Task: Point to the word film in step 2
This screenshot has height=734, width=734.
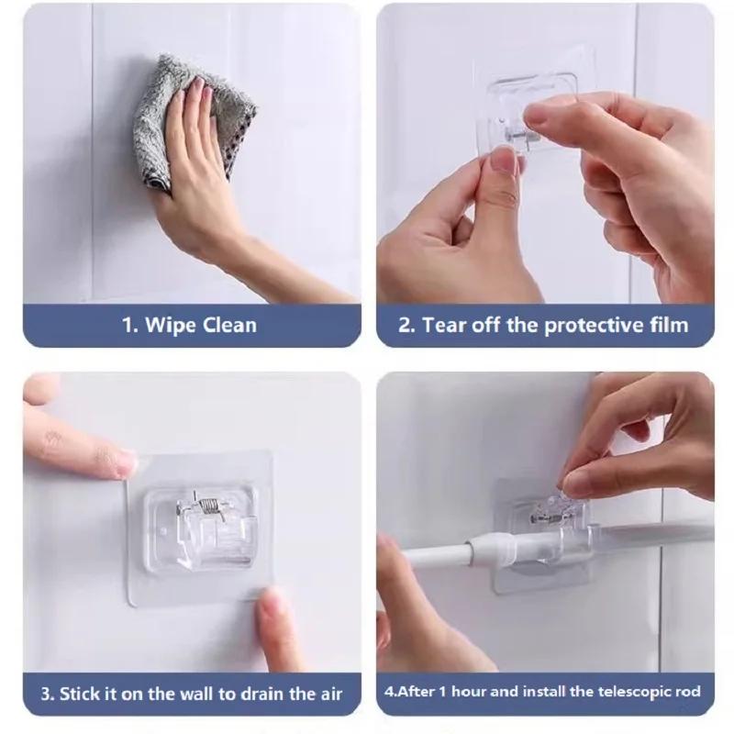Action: [x=667, y=325]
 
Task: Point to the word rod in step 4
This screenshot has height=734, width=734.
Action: [x=687, y=692]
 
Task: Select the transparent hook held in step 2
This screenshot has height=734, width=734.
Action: [x=528, y=110]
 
